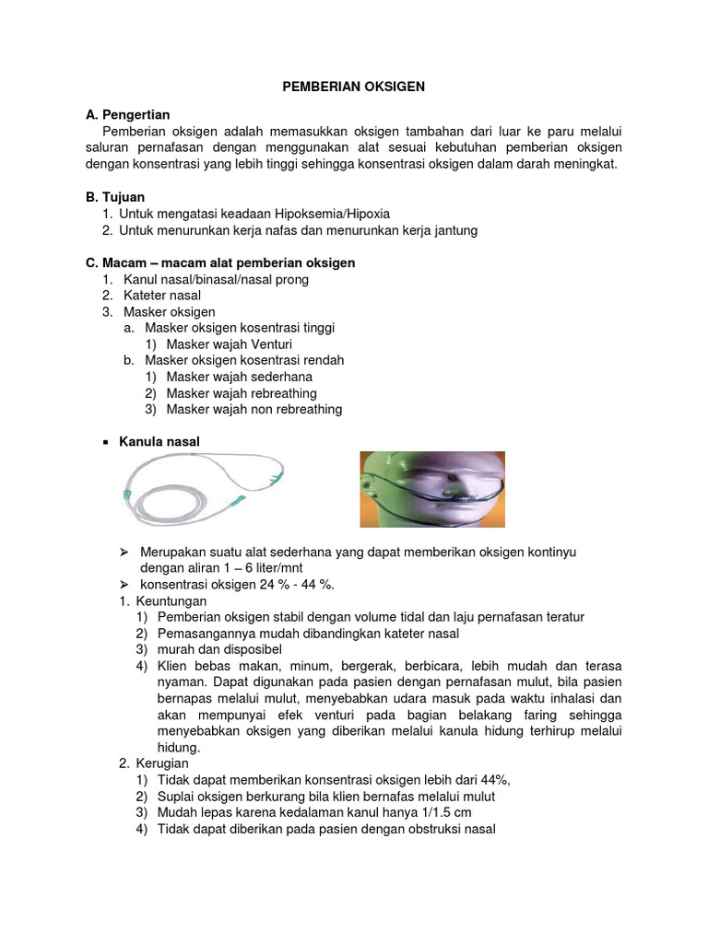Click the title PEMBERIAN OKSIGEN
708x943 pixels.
coord(353,86)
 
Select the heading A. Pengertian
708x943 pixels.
coord(127,115)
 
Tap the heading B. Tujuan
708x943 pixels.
coord(114,197)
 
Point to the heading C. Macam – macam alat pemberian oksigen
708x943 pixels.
coord(219,262)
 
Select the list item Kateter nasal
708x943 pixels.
coord(161,296)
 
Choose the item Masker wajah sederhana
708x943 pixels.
coord(239,377)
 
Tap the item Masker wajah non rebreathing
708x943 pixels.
coord(254,409)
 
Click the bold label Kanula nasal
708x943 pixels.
coord(159,442)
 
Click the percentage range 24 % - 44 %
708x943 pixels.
coord(287,585)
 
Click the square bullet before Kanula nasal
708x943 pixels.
coord(105,443)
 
